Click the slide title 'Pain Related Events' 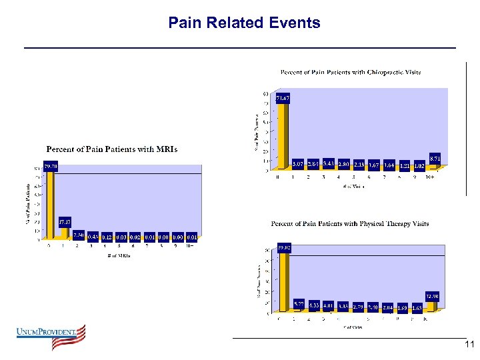(x=244, y=23)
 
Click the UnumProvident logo (x=51, y=337)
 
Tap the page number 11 (x=469, y=345)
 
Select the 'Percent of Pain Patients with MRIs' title (x=111, y=149)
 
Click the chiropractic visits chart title (x=350, y=72)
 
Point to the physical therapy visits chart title (x=350, y=224)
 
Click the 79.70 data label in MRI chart (x=51, y=165)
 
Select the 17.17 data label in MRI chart (x=65, y=221)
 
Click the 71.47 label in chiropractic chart (x=283, y=98)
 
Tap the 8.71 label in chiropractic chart (x=435, y=157)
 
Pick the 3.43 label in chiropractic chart (x=328, y=163)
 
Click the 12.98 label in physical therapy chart (x=432, y=296)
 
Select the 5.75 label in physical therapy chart (x=299, y=303)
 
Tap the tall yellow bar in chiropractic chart (x=281, y=137)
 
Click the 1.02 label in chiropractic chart (x=419, y=165)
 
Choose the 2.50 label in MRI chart (x=79, y=235)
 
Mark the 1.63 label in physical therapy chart (x=417, y=308)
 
